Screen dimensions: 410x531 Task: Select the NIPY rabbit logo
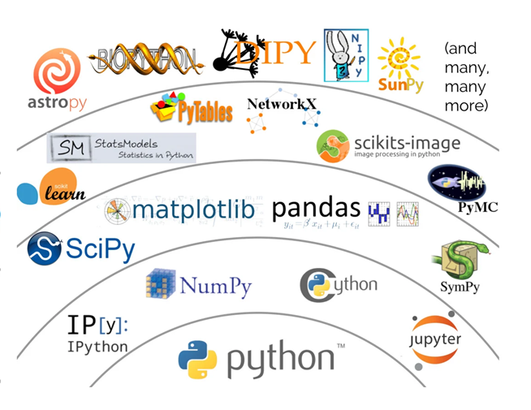[346, 55]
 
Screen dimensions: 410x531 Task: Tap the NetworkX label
[283, 105]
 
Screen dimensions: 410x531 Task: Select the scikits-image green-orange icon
[333, 147]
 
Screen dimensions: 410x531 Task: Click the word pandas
[316, 208]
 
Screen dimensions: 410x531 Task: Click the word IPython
[97, 347]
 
